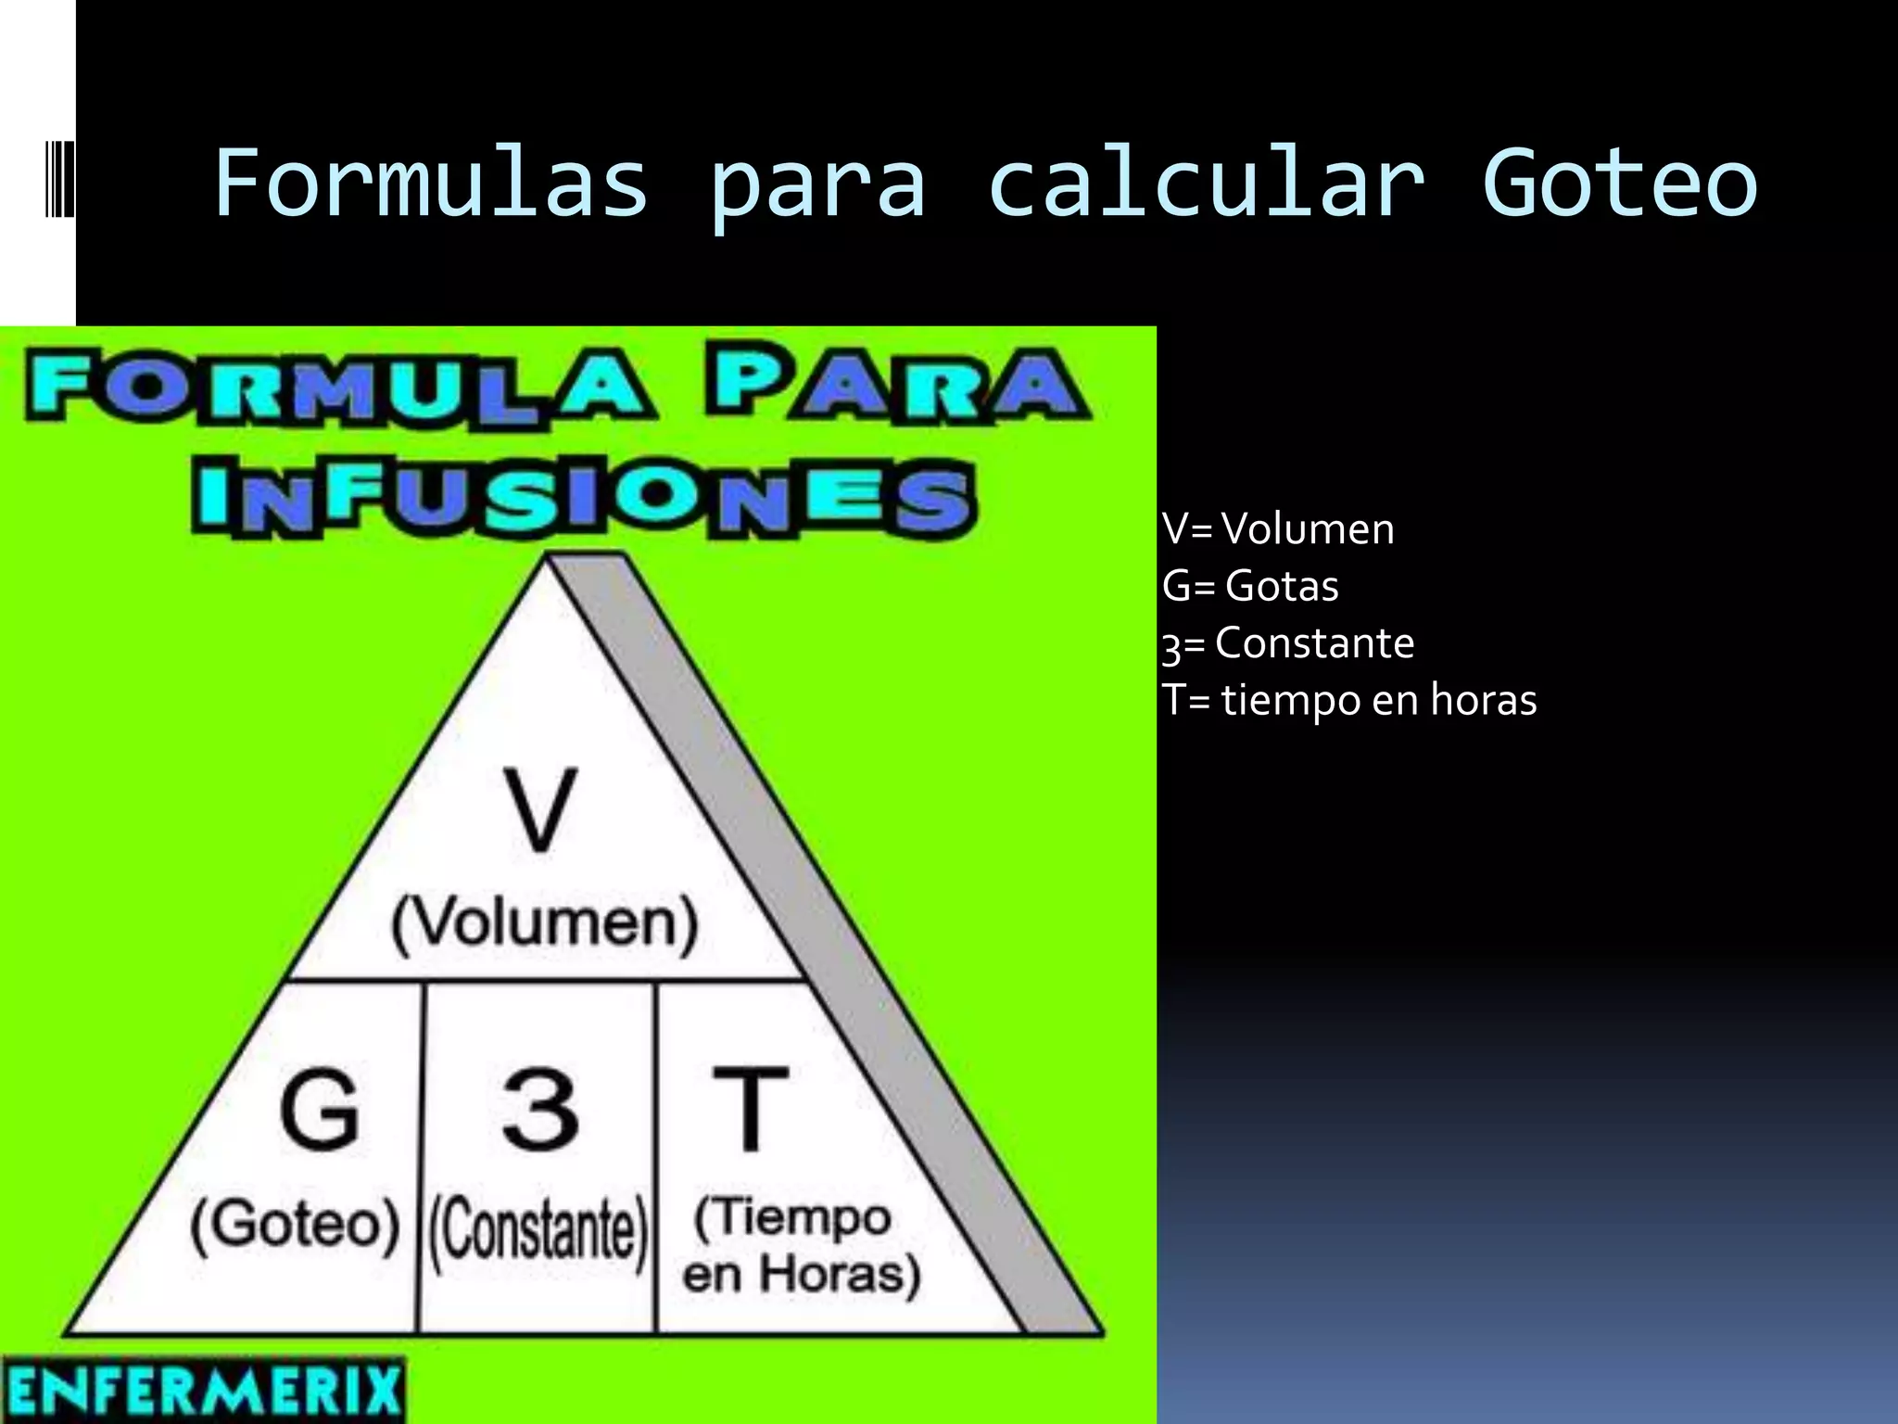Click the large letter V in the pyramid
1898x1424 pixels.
(540, 809)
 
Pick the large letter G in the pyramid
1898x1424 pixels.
(320, 1109)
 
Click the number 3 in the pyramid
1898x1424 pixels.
(540, 1109)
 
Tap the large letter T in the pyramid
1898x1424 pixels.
(750, 1109)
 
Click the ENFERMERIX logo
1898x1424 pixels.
(203, 1390)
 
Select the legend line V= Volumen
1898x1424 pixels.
(1278, 529)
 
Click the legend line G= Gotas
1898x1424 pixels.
(1250, 586)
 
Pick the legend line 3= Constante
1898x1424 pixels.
(1288, 643)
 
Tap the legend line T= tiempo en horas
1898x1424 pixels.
(1349, 700)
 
